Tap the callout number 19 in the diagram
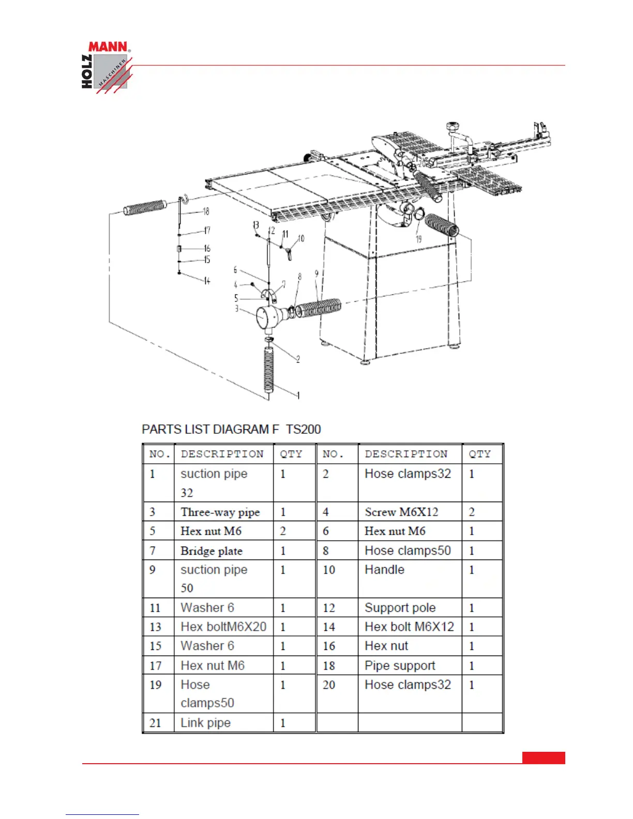coord(418,239)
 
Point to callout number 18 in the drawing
coord(206,211)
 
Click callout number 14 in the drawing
coord(207,281)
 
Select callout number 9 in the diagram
coord(317,274)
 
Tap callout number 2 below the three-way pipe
coord(298,359)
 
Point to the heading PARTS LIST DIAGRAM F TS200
coord(231,429)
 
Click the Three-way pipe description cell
coord(220,512)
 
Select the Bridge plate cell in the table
coord(212,551)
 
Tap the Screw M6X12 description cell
coord(401,512)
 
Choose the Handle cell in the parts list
coord(385,570)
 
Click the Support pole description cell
coord(400,608)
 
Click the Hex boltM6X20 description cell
coord(223,627)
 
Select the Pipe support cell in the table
coord(400,665)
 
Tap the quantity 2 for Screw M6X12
coord(472,512)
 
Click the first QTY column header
coord(291,454)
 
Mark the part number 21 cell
coord(155,723)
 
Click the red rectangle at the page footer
coord(544,757)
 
